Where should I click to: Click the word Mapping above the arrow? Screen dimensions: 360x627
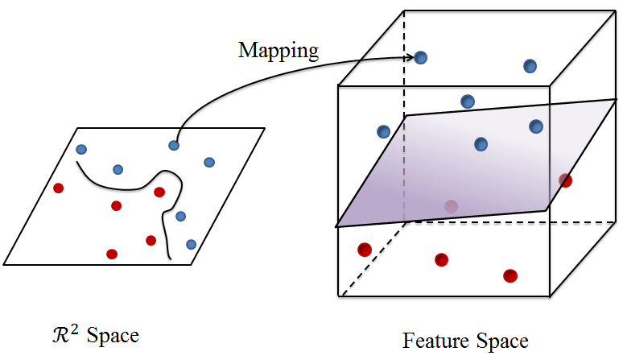[x=278, y=50]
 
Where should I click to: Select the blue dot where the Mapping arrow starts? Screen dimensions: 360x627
[x=174, y=145]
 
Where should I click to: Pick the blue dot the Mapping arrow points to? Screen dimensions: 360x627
[x=421, y=57]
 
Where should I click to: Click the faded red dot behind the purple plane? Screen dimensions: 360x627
[x=451, y=206]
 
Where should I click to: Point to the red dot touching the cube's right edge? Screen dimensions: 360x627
[x=566, y=180]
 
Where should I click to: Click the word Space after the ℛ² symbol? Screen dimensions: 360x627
[x=113, y=334]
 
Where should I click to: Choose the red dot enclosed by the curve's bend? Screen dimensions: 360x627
[x=159, y=192]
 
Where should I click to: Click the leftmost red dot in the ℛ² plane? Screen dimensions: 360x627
[x=58, y=188]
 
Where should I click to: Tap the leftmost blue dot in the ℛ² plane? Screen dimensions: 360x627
[x=80, y=149]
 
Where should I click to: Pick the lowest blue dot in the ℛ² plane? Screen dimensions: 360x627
[x=191, y=244]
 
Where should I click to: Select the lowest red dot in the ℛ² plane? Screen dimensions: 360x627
[x=112, y=254]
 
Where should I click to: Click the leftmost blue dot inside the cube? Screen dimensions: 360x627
[x=383, y=131]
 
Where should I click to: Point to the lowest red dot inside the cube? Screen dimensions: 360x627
[x=509, y=276]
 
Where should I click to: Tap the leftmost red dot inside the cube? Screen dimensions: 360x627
[x=365, y=250]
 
